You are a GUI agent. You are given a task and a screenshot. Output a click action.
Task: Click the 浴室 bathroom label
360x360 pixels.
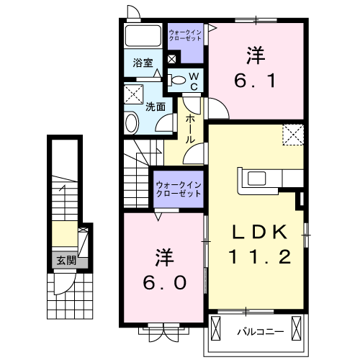[x=143, y=63]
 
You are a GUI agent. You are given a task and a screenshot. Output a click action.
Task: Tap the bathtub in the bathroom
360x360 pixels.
[x=143, y=35]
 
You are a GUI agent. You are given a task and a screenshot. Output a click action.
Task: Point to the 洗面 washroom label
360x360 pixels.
[x=156, y=107]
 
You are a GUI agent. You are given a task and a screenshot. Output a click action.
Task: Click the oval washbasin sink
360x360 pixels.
[x=131, y=123]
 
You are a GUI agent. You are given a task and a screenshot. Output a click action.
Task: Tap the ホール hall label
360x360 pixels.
[x=190, y=129]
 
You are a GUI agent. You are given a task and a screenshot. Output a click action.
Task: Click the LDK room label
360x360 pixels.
[x=259, y=232]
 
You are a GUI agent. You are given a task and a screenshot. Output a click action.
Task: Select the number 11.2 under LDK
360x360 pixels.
[x=260, y=256]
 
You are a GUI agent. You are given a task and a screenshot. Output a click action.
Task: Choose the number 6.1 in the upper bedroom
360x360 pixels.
[x=255, y=81]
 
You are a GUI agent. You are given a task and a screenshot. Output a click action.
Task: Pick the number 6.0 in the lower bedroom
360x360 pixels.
[x=165, y=282]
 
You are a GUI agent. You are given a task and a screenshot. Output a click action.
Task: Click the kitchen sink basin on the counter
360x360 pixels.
[x=257, y=179]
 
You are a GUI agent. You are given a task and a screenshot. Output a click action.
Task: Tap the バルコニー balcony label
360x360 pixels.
[x=261, y=332]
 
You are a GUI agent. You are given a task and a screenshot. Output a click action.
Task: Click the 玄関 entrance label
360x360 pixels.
[x=66, y=260]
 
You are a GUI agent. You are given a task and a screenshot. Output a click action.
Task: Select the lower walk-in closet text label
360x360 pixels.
[x=179, y=189]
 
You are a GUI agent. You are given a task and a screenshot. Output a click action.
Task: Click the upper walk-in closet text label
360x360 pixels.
[x=185, y=35]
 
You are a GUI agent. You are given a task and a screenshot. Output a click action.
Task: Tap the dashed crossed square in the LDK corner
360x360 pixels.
[x=293, y=135]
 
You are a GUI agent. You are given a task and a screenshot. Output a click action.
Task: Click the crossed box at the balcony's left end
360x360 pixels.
[x=215, y=328]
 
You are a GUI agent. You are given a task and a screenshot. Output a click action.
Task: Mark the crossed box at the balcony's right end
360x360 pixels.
[x=296, y=328]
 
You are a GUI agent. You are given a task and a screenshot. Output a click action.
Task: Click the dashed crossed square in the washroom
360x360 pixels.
[x=133, y=94]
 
